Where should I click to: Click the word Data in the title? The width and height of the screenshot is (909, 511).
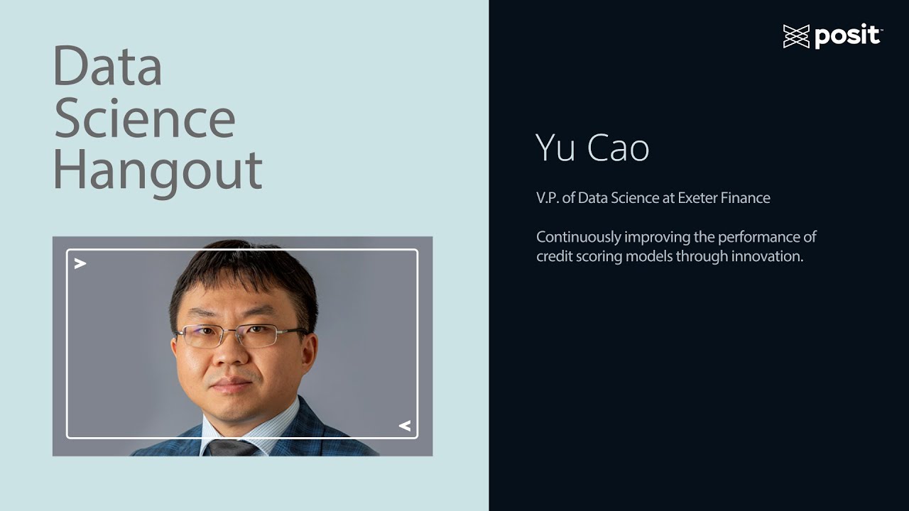pyautogui.click(x=107, y=67)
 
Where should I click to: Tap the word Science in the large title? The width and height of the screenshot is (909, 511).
pyautogui.click(x=144, y=119)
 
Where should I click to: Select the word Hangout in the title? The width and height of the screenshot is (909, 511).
pyautogui.click(x=158, y=170)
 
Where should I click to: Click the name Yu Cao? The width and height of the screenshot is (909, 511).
pyautogui.click(x=592, y=148)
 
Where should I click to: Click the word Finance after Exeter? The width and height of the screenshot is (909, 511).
pyautogui.click(x=745, y=198)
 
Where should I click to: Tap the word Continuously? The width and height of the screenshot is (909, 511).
pyautogui.click(x=578, y=237)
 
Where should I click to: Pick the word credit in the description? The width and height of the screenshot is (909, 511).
pyautogui.click(x=553, y=256)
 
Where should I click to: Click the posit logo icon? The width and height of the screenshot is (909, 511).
pyautogui.click(x=796, y=36)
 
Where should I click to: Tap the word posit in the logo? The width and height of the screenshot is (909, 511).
pyautogui.click(x=848, y=36)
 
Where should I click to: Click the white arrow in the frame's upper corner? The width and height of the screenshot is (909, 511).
pyautogui.click(x=80, y=264)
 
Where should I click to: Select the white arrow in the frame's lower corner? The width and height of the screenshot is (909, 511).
pyautogui.click(x=404, y=426)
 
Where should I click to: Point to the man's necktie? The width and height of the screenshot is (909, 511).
pyautogui.click(x=232, y=448)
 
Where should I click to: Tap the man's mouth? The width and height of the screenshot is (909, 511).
pyautogui.click(x=232, y=385)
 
